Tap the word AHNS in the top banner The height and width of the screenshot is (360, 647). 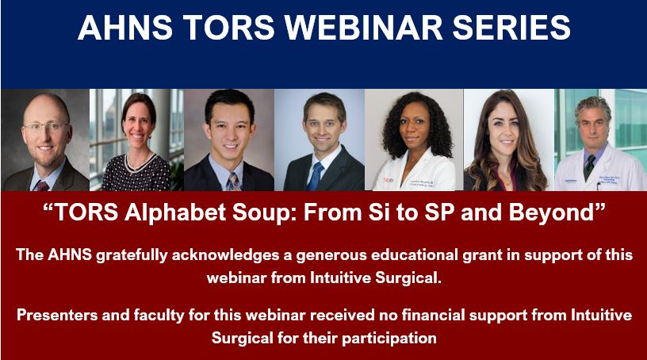click(x=125, y=27)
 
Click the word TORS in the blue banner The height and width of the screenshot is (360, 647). click(x=229, y=27)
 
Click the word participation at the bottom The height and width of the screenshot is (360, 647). click(x=389, y=339)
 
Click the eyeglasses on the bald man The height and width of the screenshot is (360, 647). click(x=45, y=126)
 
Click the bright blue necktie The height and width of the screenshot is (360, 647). click(x=316, y=176)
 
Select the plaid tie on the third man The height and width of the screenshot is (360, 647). click(x=233, y=182)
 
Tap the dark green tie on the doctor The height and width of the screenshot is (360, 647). click(x=590, y=167)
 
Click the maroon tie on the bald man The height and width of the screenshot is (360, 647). click(x=43, y=186)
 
